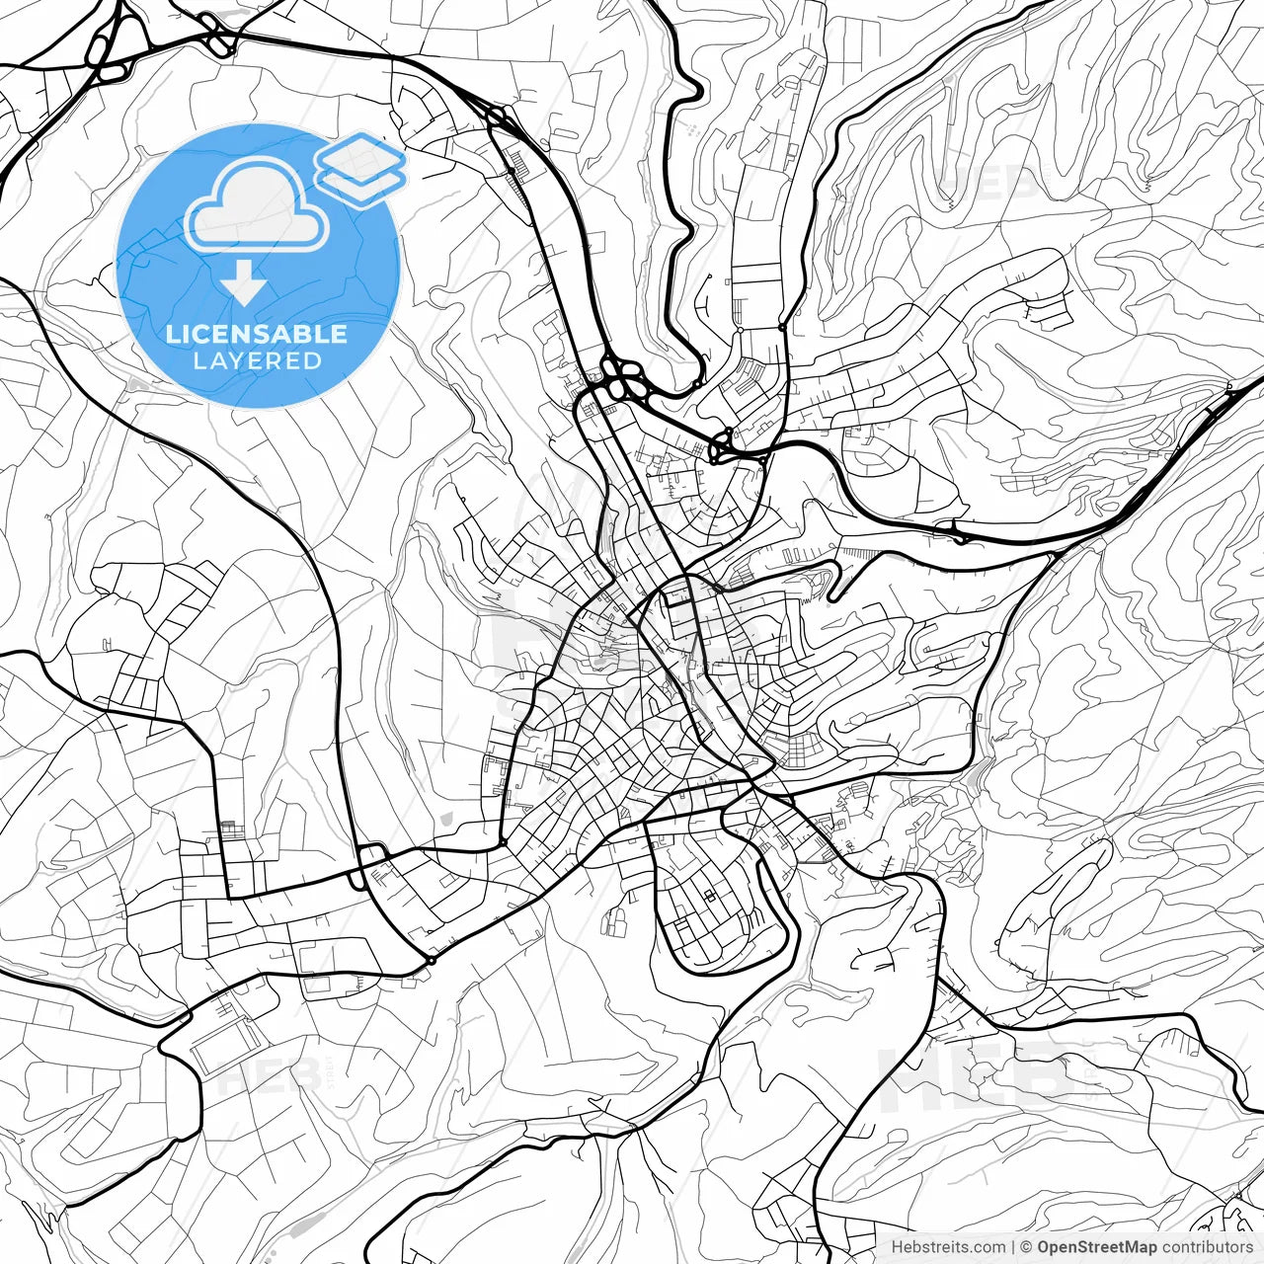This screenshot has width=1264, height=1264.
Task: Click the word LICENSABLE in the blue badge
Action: pyautogui.click(x=257, y=334)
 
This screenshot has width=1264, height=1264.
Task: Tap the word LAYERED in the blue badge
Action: pyautogui.click(x=257, y=361)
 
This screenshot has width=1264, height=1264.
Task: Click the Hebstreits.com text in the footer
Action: pyautogui.click(x=948, y=1247)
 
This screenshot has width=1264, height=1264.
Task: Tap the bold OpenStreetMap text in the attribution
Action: pyautogui.click(x=1096, y=1247)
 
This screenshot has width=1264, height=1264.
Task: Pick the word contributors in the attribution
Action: pyautogui.click(x=1206, y=1247)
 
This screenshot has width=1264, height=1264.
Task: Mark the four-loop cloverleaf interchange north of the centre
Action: pyautogui.click(x=623, y=378)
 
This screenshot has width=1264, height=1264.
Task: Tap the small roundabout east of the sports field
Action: pyautogui.click(x=432, y=960)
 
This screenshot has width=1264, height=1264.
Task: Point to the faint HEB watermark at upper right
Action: pyautogui.click(x=987, y=183)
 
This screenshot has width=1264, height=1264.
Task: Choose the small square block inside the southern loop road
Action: pyautogui.click(x=709, y=895)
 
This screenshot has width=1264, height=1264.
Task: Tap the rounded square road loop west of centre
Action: pyautogui.click(x=372, y=860)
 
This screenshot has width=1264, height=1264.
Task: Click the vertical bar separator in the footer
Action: pyautogui.click(x=1013, y=1247)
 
